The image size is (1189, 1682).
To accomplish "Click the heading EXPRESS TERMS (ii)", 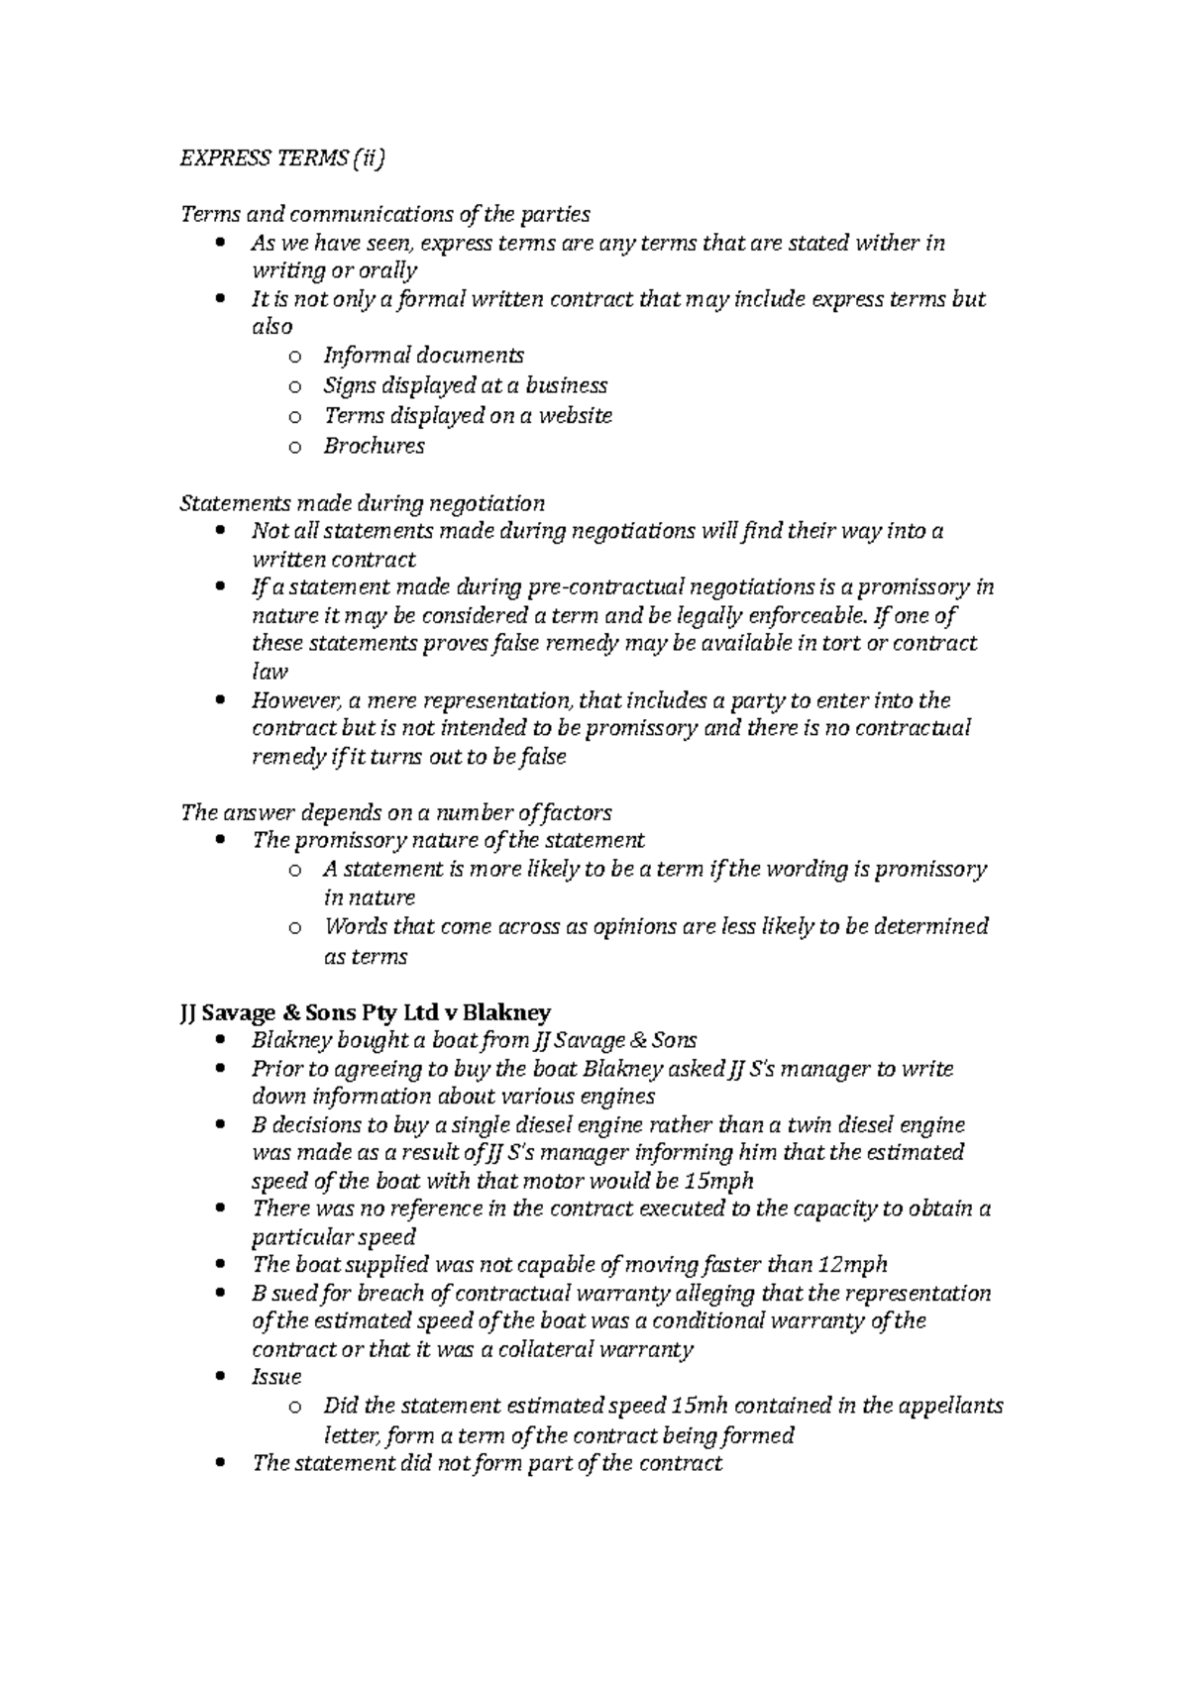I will coord(280,158).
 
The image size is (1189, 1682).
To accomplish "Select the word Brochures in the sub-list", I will coord(374,446).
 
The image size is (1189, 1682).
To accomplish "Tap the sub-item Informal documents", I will coord(423,356).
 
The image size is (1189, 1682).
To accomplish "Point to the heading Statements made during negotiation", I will coord(362,503).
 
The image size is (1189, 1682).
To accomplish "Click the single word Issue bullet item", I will coord(276,1377).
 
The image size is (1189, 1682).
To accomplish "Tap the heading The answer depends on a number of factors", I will coord(395,813).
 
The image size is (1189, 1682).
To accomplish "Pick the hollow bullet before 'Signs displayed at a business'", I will coord(293,386).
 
